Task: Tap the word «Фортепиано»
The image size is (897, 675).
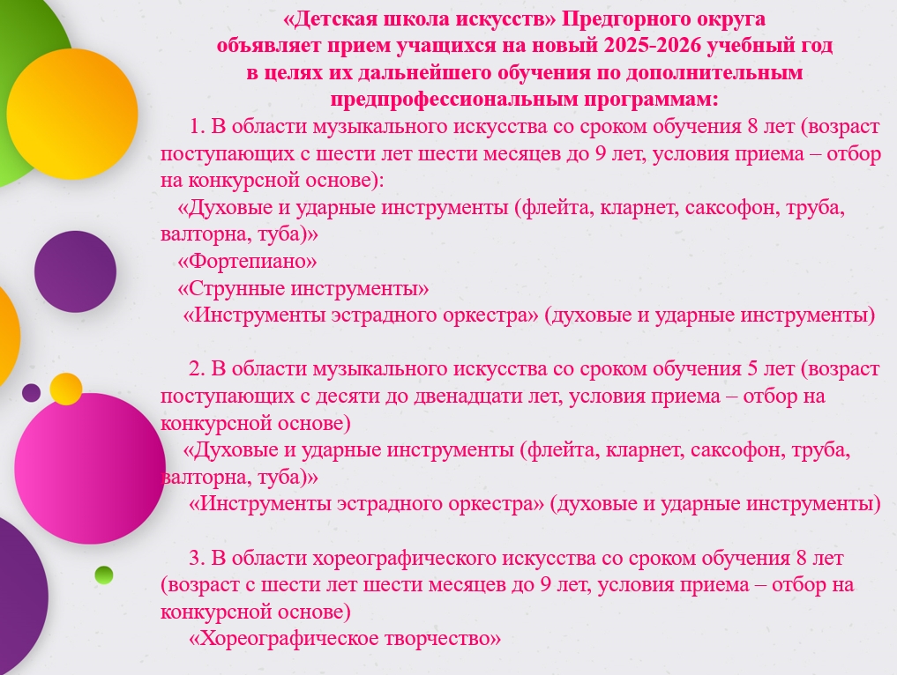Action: point(247,261)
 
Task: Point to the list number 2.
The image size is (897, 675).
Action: point(197,369)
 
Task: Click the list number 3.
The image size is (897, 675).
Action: point(197,558)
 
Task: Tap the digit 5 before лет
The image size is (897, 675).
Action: point(753,369)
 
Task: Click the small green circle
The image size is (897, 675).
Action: point(103,575)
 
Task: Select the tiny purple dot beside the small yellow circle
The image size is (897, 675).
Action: point(32,393)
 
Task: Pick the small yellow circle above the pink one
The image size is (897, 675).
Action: point(66,389)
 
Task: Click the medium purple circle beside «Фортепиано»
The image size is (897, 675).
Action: point(75,271)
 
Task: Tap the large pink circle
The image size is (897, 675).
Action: point(90,468)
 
